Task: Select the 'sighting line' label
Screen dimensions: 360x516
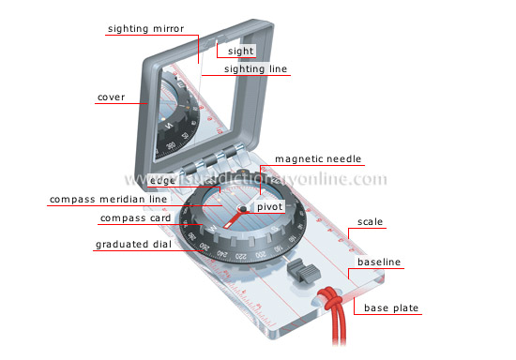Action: click(x=256, y=68)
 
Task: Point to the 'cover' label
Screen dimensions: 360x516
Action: click(x=112, y=97)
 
